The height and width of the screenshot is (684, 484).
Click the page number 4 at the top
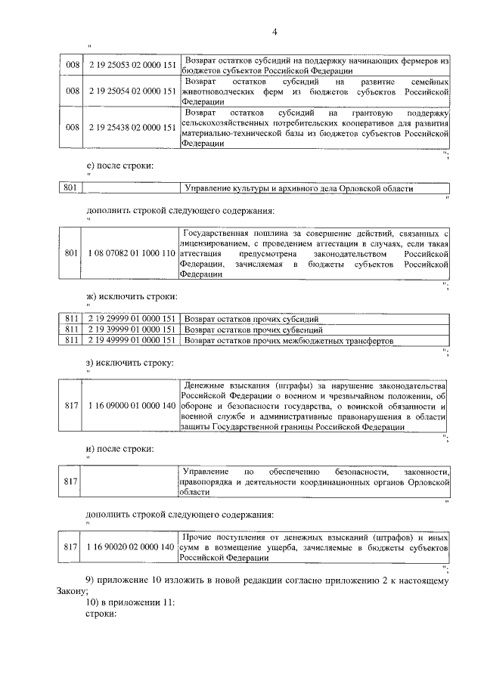pos(275,31)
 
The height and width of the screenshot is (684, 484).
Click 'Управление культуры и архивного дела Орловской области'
pos(299,188)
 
